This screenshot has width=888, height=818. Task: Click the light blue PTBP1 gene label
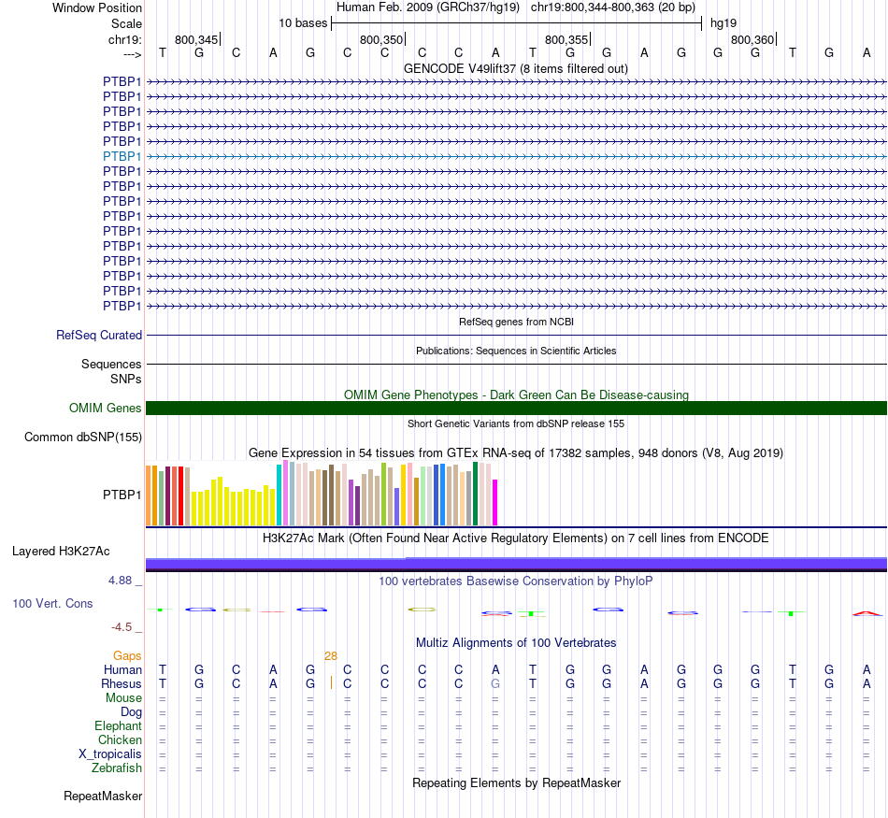(122, 156)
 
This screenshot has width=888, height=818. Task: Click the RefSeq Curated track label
(99, 335)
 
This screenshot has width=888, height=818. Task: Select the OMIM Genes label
(106, 408)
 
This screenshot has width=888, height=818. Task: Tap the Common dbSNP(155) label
(83, 437)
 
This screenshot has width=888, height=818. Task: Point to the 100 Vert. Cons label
(52, 604)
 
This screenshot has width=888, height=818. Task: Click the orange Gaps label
(127, 656)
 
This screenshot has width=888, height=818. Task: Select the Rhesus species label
(122, 683)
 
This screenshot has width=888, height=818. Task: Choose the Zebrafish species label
(117, 768)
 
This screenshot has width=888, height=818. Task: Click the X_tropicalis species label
(110, 754)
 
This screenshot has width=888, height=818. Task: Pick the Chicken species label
(120, 740)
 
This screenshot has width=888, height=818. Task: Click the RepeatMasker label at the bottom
(103, 796)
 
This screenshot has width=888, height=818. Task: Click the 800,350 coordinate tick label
(381, 39)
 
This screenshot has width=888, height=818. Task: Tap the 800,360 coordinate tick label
(752, 39)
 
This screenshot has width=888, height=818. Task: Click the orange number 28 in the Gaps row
(331, 656)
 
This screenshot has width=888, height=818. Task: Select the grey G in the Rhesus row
(495, 683)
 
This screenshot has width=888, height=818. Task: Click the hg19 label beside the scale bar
(723, 22)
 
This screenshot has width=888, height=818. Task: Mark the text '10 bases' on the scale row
(302, 22)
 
